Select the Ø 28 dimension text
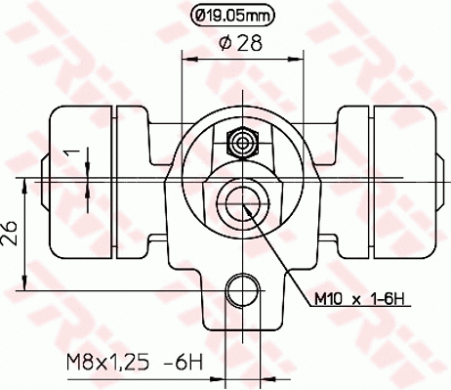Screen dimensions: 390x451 (x=234, y=42)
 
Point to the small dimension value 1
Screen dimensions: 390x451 (x=69, y=152)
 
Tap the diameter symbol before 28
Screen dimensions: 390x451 (x=220, y=42)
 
